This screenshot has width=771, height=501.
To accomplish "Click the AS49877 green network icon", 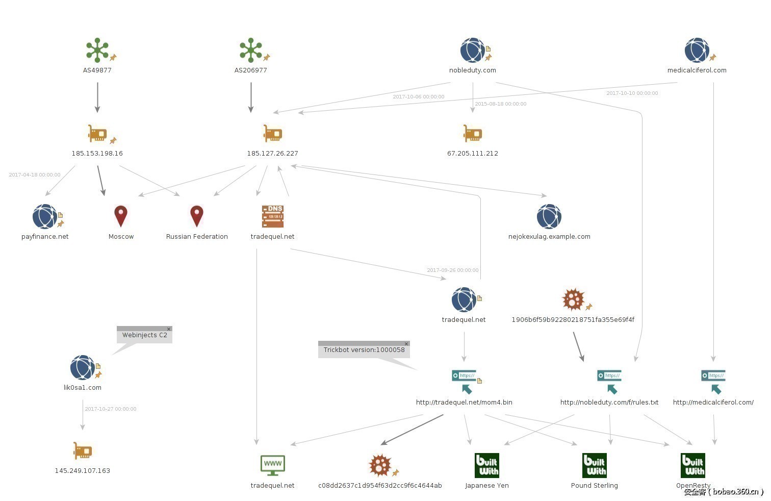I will [x=97, y=50].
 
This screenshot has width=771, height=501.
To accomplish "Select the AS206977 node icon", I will [x=250, y=50].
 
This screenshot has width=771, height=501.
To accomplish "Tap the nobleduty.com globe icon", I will [x=473, y=50].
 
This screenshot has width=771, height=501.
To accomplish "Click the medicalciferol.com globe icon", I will [x=697, y=50].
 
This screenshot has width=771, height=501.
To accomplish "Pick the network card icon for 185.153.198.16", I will [x=97, y=134].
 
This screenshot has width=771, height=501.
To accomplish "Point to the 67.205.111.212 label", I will [x=473, y=153].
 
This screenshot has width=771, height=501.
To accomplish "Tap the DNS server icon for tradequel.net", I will [x=272, y=216].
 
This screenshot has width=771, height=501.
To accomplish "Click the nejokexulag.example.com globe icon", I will [x=549, y=216].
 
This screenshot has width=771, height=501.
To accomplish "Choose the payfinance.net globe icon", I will [x=45, y=216].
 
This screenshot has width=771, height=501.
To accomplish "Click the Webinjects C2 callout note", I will [x=144, y=335].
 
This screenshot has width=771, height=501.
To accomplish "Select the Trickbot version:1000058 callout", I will [x=364, y=350].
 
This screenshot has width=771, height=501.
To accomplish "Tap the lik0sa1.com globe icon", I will [x=83, y=367].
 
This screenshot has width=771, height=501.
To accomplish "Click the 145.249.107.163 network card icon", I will [x=83, y=451].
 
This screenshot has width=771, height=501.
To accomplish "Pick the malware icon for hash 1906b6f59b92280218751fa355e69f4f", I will [x=573, y=299].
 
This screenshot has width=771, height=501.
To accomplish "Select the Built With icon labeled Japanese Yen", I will [x=486, y=465].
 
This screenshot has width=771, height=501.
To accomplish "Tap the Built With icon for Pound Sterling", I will [x=595, y=465].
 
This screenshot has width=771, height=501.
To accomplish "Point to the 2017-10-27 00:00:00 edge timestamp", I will [x=111, y=409].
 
